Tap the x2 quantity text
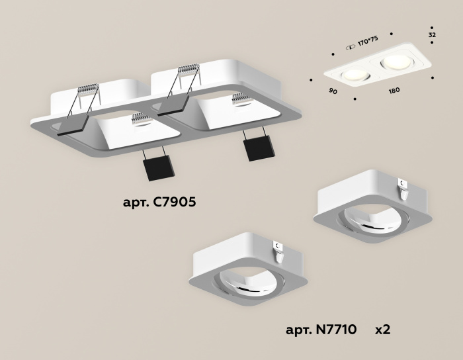[383, 329]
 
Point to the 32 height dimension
[432, 34]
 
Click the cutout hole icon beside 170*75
[350, 44]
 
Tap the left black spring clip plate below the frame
[157, 169]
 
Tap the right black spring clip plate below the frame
[255, 148]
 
